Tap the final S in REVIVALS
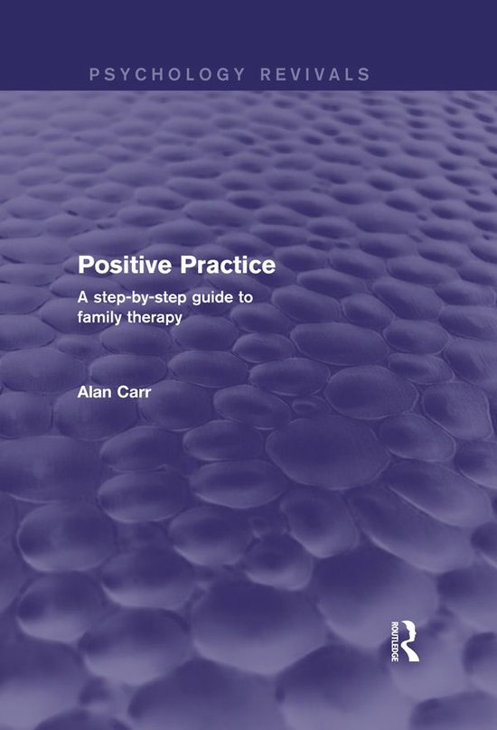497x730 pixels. (364, 73)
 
